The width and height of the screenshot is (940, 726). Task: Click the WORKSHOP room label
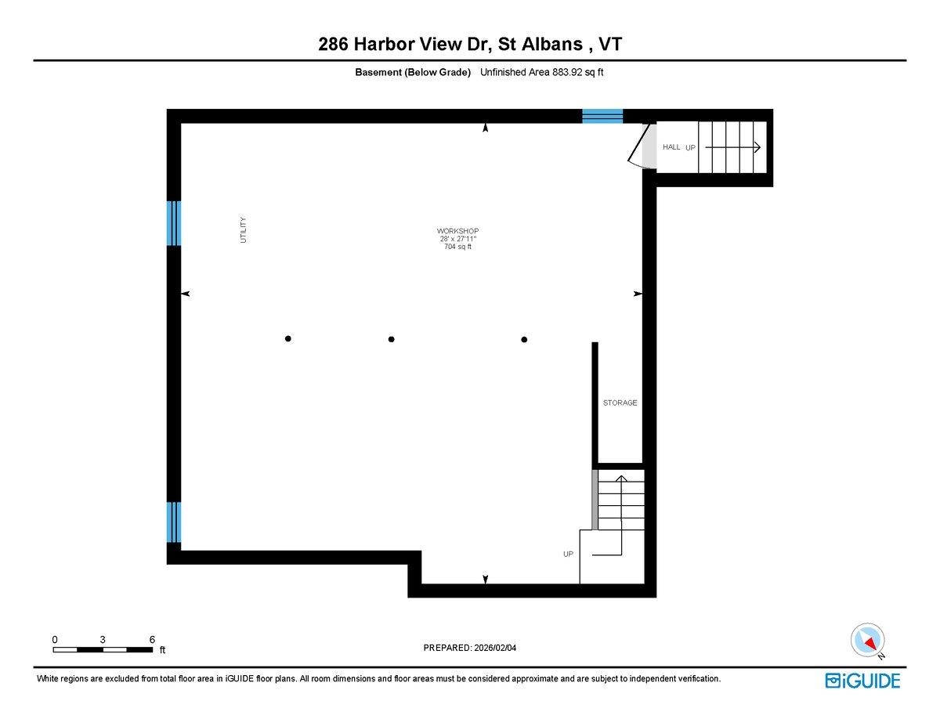click(x=457, y=231)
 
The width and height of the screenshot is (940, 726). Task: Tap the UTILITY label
click(x=243, y=229)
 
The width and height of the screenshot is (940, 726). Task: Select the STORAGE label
click(x=620, y=403)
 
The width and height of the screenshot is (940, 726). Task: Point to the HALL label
click(x=671, y=147)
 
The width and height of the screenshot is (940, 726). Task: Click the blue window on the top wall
click(x=602, y=116)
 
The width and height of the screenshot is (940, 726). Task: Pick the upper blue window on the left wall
click(x=174, y=223)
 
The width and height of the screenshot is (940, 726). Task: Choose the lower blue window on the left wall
click(x=174, y=522)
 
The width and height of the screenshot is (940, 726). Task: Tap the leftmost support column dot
click(x=288, y=338)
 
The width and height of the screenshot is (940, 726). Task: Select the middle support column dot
click(x=391, y=339)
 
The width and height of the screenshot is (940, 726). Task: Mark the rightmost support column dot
click(x=524, y=339)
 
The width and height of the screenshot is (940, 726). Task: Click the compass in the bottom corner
click(x=867, y=640)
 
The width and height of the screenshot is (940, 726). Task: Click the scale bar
click(x=103, y=649)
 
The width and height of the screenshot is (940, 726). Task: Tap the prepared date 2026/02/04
click(x=495, y=648)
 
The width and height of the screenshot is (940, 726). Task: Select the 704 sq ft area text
click(x=457, y=247)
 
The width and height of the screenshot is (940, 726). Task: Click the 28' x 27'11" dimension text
click(x=457, y=239)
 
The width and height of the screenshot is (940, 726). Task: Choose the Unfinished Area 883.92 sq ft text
click(x=541, y=72)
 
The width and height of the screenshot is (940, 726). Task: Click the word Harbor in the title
click(x=384, y=44)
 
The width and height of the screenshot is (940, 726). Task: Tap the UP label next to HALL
click(x=690, y=148)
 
